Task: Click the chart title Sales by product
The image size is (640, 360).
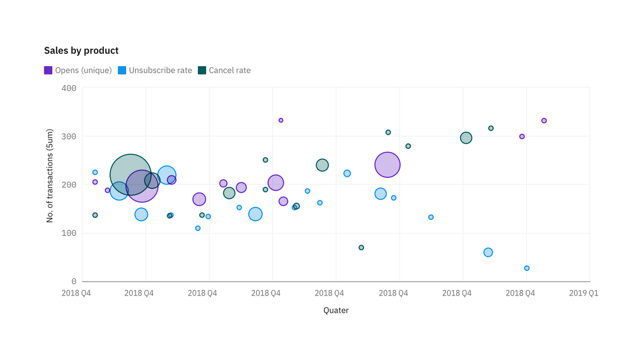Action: point(81,51)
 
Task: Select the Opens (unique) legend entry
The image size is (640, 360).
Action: point(78,71)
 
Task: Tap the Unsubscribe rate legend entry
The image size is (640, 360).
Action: point(155,71)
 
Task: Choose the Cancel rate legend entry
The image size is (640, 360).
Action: point(224,71)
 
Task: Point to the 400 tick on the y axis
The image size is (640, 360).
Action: point(69,88)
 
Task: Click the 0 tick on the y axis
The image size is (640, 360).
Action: point(73,282)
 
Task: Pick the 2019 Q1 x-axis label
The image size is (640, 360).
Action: point(583,293)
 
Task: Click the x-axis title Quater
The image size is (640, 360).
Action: point(336,311)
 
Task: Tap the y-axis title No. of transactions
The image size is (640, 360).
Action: point(49,176)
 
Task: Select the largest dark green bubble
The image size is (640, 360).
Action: point(131,175)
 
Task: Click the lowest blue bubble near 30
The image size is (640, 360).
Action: point(527,268)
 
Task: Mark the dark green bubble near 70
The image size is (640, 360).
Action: point(361,248)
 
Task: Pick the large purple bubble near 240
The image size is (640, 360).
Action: point(388,164)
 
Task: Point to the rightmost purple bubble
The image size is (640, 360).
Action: point(544,121)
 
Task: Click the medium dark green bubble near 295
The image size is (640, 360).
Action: point(466,138)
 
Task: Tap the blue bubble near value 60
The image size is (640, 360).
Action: point(488,252)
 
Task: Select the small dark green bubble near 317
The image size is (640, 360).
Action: point(491,128)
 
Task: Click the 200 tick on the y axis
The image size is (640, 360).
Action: point(69,184)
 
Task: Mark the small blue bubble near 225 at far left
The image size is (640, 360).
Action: point(95,172)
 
